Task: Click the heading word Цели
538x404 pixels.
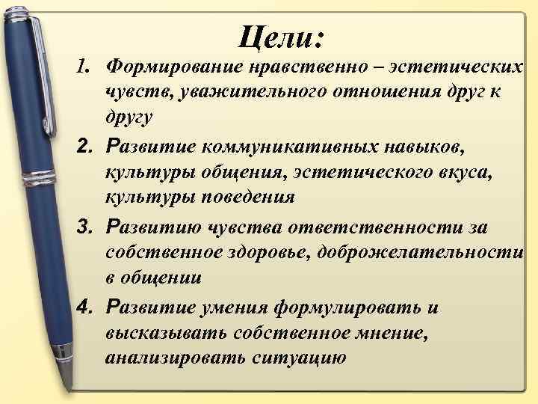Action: click(280, 35)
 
